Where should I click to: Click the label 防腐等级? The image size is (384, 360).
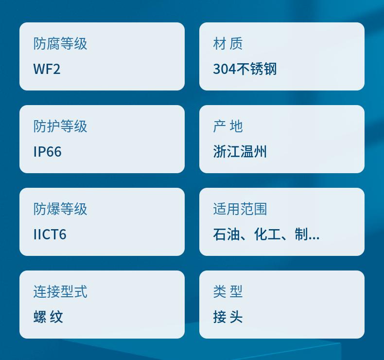(x=60, y=44)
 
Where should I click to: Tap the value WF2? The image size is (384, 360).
(x=47, y=69)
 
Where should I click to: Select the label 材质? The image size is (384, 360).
(x=228, y=44)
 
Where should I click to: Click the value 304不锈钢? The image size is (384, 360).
(x=245, y=69)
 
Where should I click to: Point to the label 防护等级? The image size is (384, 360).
(x=60, y=126)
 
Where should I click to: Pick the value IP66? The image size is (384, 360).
(x=47, y=151)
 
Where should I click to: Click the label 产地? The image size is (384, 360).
(x=228, y=126)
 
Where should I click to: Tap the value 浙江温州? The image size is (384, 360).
(x=240, y=151)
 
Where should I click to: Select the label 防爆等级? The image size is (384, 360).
(x=60, y=209)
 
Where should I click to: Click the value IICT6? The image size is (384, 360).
(x=50, y=234)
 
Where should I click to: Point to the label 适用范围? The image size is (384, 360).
(x=240, y=209)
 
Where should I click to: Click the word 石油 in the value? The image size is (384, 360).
(x=227, y=234)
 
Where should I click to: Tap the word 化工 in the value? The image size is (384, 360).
(x=267, y=234)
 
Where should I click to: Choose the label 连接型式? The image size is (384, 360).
(x=60, y=291)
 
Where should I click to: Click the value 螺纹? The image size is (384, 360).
(x=48, y=317)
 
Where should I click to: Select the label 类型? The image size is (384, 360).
(x=228, y=291)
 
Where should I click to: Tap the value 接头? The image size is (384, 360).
(x=228, y=317)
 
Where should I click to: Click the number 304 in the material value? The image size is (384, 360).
(x=225, y=69)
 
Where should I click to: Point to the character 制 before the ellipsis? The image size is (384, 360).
(x=301, y=234)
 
